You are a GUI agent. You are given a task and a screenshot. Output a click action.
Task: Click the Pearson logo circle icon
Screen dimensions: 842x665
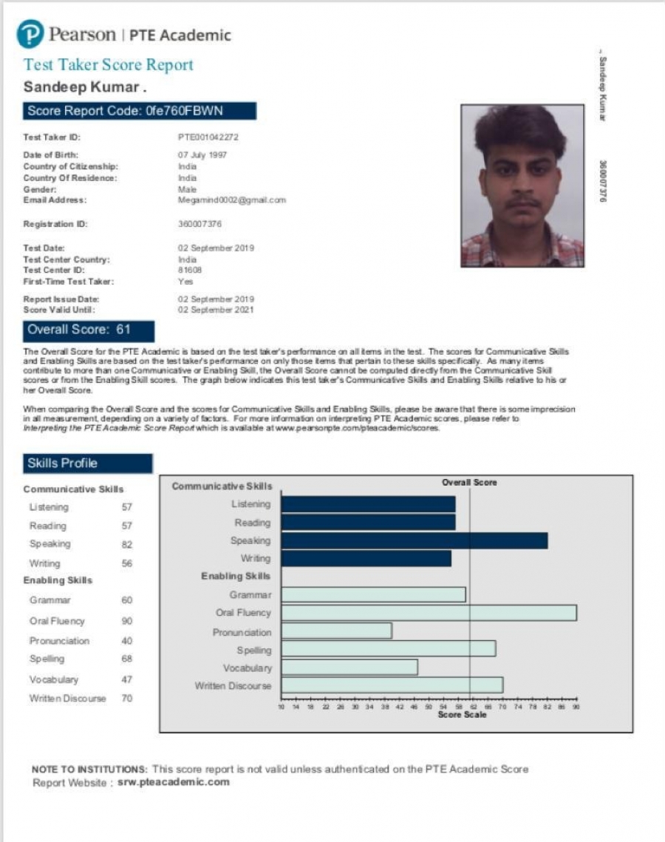pyautogui.click(x=31, y=35)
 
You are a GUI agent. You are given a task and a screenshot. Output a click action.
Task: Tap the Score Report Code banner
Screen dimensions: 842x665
pyautogui.click(x=140, y=111)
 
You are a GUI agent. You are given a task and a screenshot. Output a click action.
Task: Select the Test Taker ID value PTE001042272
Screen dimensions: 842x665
pyautogui.click(x=208, y=137)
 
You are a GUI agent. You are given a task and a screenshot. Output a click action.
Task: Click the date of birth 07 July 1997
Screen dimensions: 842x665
pyautogui.click(x=202, y=155)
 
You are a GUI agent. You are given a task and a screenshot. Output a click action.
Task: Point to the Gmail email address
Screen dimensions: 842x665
pyautogui.click(x=232, y=200)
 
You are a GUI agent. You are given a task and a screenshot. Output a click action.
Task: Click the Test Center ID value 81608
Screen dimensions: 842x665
pyautogui.click(x=189, y=270)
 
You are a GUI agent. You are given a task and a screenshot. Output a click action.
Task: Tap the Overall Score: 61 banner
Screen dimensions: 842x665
pyautogui.click(x=89, y=330)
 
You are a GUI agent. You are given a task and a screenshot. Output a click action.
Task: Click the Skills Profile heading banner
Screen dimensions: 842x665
pyautogui.click(x=88, y=464)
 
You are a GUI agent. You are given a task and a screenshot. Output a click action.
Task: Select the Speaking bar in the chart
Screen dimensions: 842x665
pyautogui.click(x=414, y=540)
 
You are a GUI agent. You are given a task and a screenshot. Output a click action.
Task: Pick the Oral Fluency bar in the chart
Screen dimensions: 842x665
pyautogui.click(x=429, y=613)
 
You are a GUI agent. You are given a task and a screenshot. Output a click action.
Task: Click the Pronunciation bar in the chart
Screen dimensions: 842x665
pyautogui.click(x=336, y=631)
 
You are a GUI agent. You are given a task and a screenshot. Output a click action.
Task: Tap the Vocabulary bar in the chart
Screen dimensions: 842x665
pyautogui.click(x=349, y=667)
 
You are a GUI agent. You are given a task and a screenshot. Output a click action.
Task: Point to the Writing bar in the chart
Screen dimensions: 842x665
pyautogui.click(x=366, y=558)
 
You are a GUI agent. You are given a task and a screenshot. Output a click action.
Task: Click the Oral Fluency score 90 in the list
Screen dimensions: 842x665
pyautogui.click(x=127, y=622)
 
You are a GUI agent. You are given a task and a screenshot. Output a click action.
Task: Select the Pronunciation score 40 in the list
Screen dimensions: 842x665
pyautogui.click(x=127, y=641)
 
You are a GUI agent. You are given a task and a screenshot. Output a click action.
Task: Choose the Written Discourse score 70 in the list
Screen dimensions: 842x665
pyautogui.click(x=127, y=698)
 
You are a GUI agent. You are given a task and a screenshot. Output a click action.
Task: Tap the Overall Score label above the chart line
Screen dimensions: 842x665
pyautogui.click(x=469, y=482)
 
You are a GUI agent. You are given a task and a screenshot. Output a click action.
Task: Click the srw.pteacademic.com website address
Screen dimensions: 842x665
pyautogui.click(x=174, y=782)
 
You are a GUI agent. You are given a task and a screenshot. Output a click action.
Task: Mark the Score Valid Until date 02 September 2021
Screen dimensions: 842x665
pyautogui.click(x=216, y=310)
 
